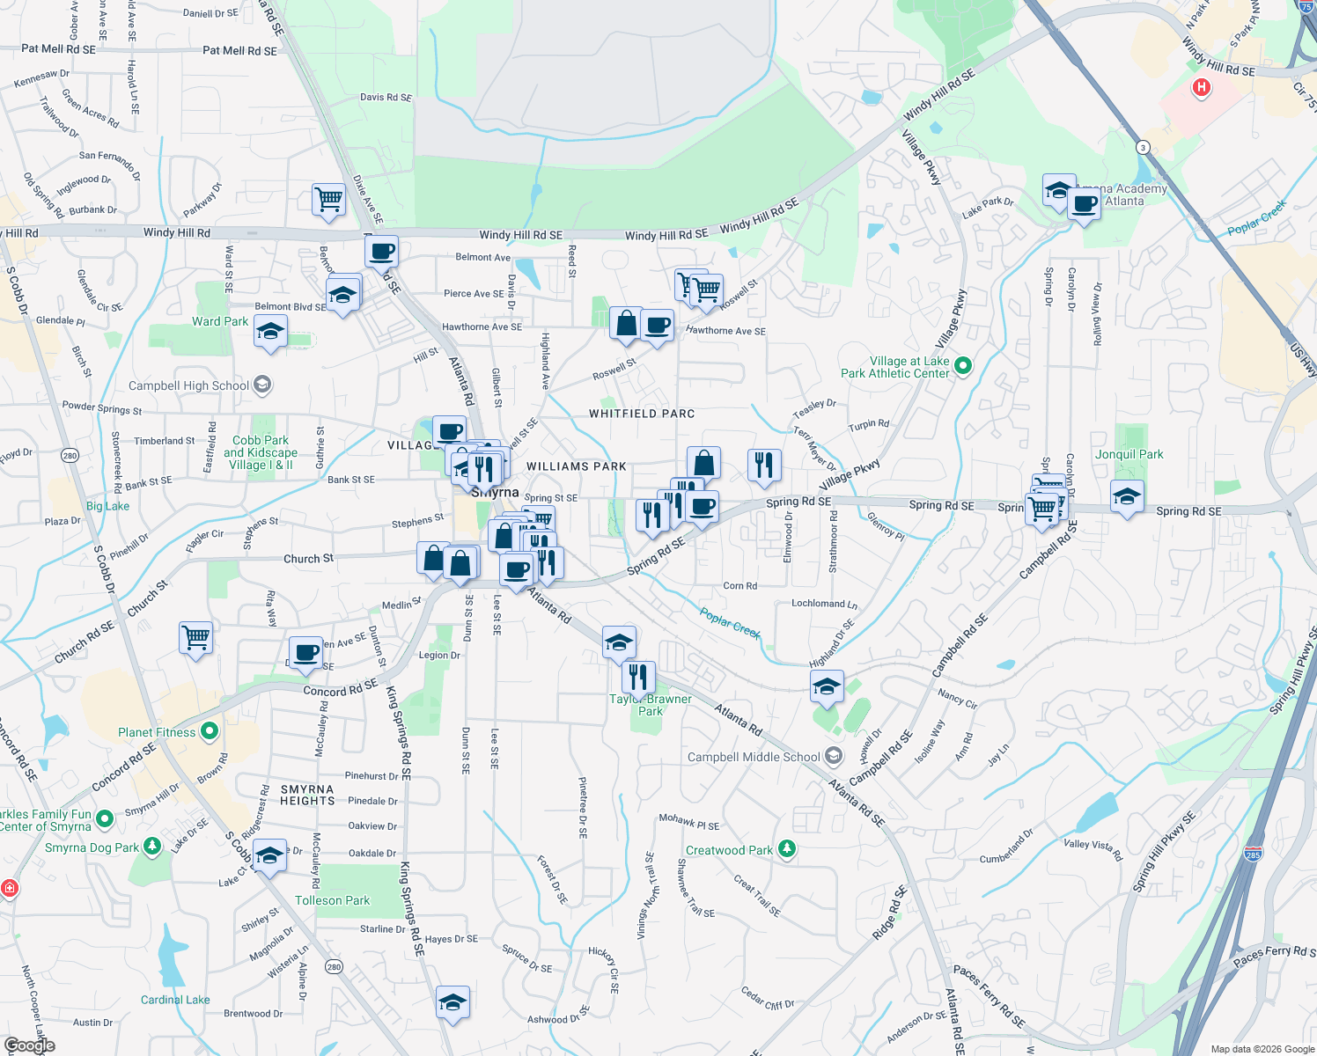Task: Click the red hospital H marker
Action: pyautogui.click(x=1201, y=87)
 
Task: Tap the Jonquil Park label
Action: pyautogui.click(x=1129, y=455)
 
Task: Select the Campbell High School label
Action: pyautogui.click(x=188, y=385)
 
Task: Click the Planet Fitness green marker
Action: pyautogui.click(x=210, y=731)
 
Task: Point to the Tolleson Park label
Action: pyautogui.click(x=332, y=900)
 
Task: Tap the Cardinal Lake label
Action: pyautogui.click(x=175, y=1000)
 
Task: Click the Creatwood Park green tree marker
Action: pyautogui.click(x=787, y=849)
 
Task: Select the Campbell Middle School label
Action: pyautogui.click(x=754, y=757)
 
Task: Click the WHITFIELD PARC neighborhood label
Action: pyautogui.click(x=642, y=414)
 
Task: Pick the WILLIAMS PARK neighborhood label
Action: pyautogui.click(x=577, y=466)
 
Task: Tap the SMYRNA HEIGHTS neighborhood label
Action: pyautogui.click(x=307, y=795)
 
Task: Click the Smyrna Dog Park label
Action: pyautogui.click(x=92, y=847)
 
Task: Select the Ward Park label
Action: pyautogui.click(x=220, y=321)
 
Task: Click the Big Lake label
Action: pyautogui.click(x=107, y=506)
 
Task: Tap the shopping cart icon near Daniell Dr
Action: pyautogui.click(x=328, y=199)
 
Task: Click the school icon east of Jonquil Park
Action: pyautogui.click(x=1127, y=497)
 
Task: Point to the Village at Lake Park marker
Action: pyautogui.click(x=963, y=365)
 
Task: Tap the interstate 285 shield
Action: pyautogui.click(x=1254, y=854)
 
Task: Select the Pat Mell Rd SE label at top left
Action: pyautogui.click(x=58, y=49)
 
